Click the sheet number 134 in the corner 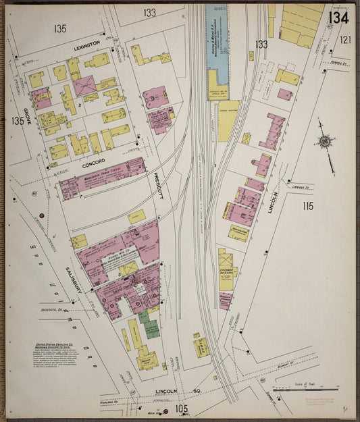[x=338, y=16]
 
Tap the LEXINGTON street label [x=86, y=43]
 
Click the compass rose [x=326, y=142]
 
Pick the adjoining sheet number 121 [x=345, y=40]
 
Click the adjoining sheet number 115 [x=308, y=206]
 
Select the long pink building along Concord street [x=102, y=178]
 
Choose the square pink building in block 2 [x=85, y=86]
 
